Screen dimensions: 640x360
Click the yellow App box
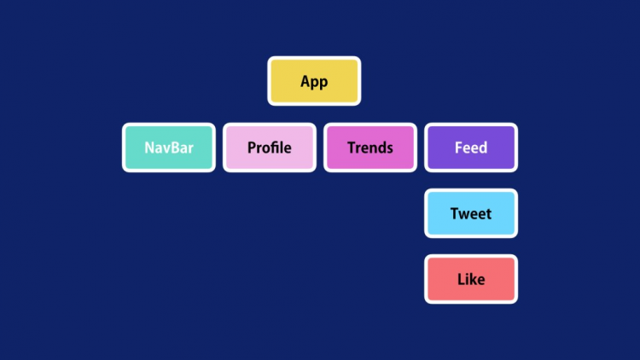point(314,81)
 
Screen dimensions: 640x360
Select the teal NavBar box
point(169,148)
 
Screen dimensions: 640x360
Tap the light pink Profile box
point(270,148)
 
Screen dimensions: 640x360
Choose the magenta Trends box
point(370,148)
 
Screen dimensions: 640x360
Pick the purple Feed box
point(471,148)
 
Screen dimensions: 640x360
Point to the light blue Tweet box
point(471,213)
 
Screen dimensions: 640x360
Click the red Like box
point(471,279)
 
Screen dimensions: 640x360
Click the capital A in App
point(305,81)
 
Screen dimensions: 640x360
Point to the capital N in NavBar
point(149,148)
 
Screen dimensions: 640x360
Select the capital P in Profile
point(252,148)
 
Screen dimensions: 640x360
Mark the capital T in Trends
point(352,148)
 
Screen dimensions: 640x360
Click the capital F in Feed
point(459,148)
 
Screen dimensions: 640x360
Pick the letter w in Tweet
point(465,215)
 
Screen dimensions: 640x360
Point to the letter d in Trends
point(381,147)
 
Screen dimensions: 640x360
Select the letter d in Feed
point(483,147)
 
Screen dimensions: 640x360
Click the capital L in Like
point(461,279)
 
